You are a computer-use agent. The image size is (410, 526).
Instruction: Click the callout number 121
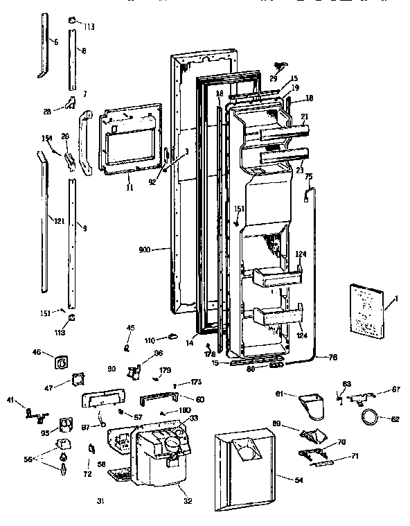pos(59,221)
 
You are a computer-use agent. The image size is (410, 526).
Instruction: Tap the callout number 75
pos(309,177)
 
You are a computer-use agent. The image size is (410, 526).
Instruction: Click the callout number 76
pos(332,358)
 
